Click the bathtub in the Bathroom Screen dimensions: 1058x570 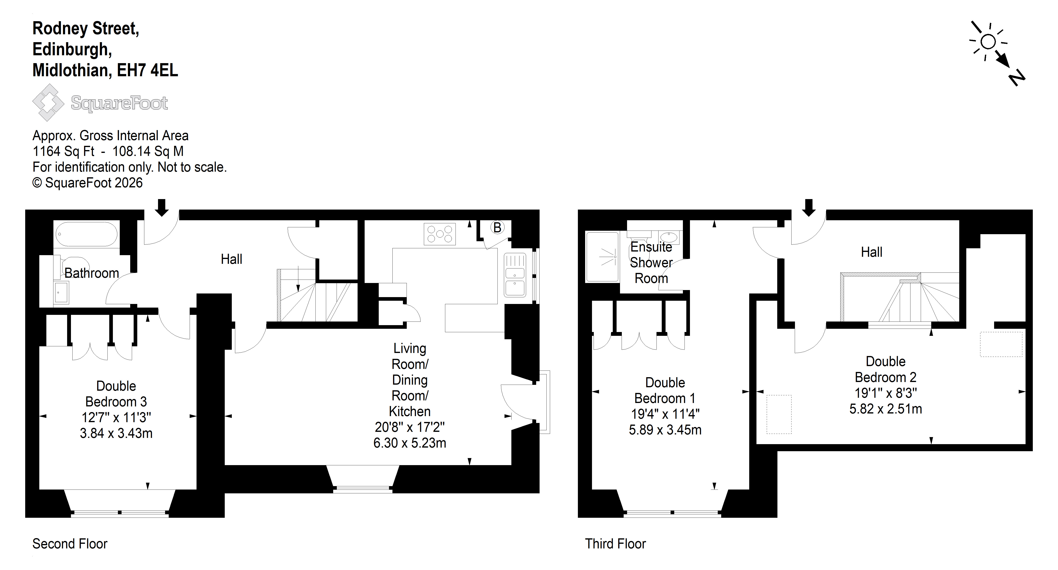click(x=86, y=234)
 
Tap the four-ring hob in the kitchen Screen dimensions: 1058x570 click(x=439, y=234)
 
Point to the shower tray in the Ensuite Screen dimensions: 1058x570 click(x=602, y=257)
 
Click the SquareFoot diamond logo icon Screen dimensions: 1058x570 click(x=48, y=102)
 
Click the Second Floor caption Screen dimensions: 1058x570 click(x=70, y=544)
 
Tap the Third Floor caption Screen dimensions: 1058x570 click(x=615, y=544)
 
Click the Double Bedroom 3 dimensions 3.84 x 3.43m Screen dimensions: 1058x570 click(x=116, y=433)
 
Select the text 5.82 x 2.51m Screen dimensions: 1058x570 click(x=885, y=409)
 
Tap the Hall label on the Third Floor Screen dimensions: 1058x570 click(x=872, y=252)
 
